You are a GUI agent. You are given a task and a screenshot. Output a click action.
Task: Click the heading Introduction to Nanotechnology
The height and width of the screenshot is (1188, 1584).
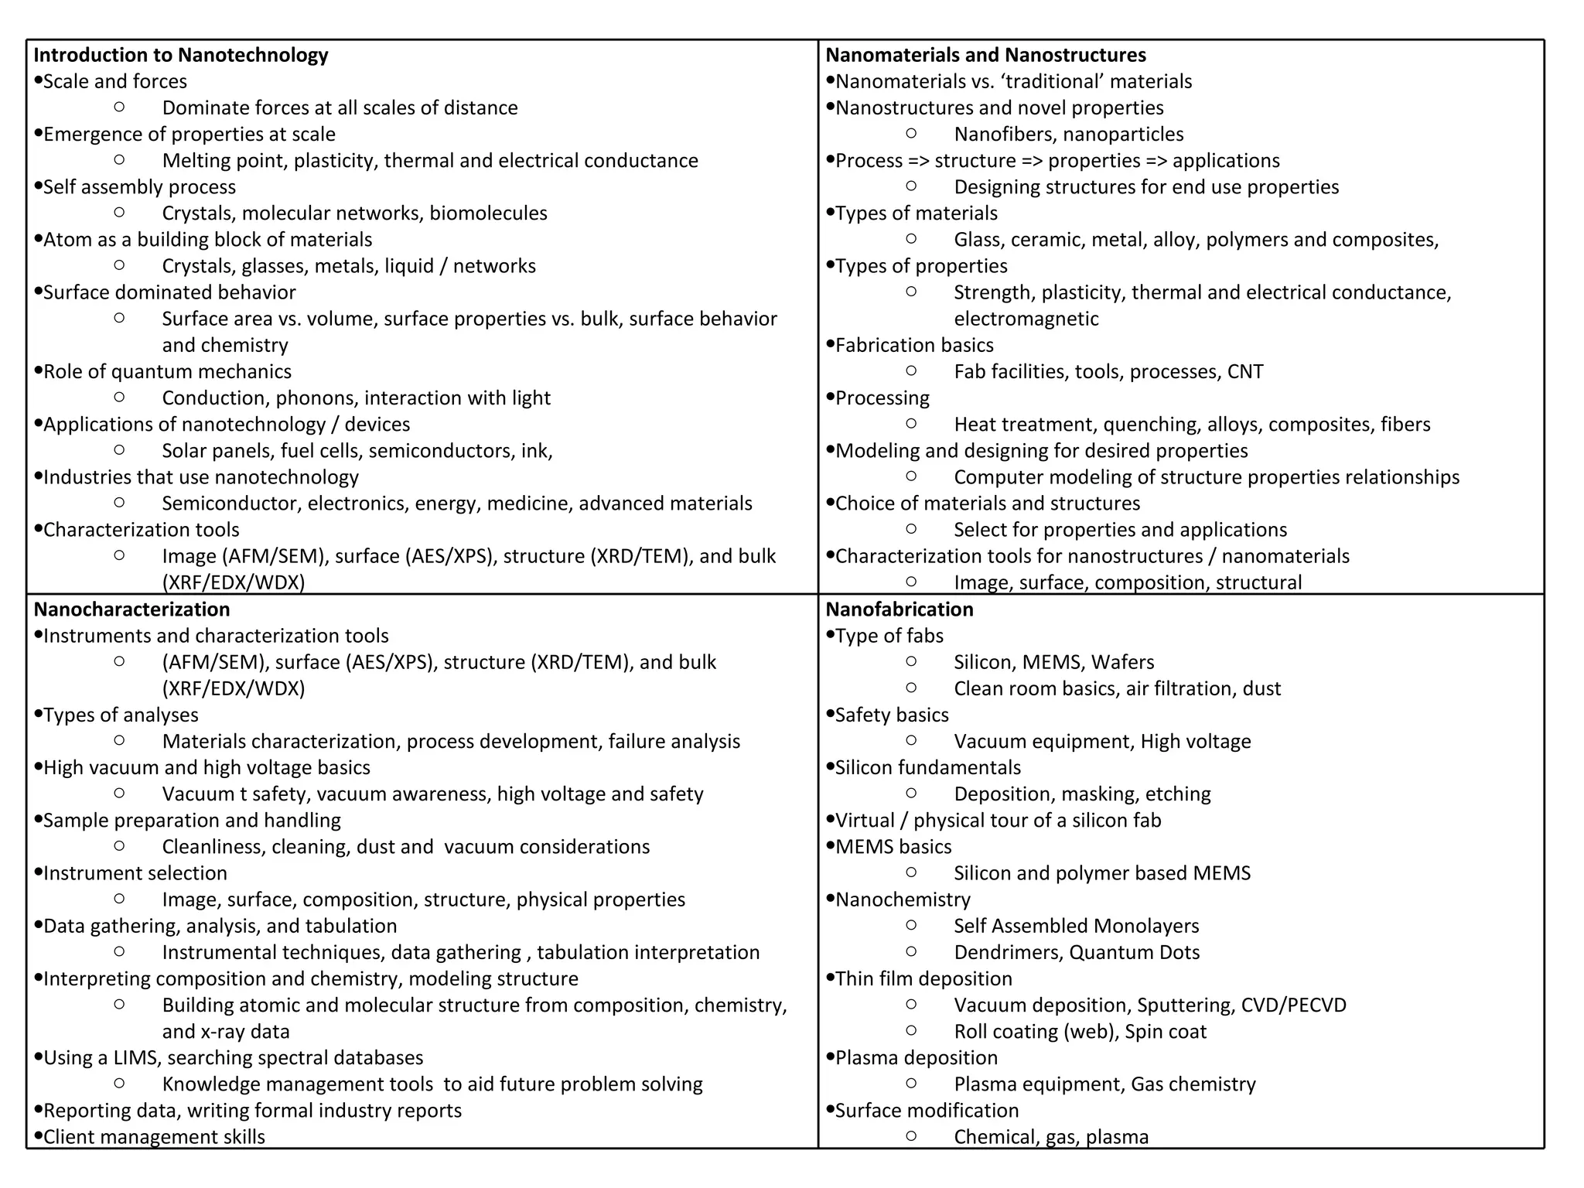[181, 55]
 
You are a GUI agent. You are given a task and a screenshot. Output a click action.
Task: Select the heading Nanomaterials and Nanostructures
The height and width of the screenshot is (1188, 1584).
[985, 55]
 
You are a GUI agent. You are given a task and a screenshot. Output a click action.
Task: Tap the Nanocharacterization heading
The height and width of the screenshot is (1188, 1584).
[131, 609]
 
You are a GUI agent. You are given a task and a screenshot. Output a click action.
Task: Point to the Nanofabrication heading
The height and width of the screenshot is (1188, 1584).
[899, 609]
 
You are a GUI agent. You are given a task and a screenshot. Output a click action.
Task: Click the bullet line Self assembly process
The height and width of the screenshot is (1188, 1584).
[139, 187]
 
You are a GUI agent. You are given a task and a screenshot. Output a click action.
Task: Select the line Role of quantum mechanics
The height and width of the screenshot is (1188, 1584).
[167, 372]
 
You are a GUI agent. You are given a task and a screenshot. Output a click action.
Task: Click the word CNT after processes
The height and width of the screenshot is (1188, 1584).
[1244, 372]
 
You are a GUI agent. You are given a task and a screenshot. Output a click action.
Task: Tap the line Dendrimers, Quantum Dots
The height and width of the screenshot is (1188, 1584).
[1076, 953]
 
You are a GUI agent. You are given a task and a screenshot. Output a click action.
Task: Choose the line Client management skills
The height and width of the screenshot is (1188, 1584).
[154, 1137]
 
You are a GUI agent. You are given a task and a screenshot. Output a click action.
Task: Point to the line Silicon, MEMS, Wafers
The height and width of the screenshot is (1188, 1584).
[1053, 663]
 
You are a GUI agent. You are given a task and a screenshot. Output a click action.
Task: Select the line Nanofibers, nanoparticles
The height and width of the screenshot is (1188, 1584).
[1068, 135]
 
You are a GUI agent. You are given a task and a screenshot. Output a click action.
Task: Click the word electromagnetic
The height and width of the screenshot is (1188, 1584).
[1026, 319]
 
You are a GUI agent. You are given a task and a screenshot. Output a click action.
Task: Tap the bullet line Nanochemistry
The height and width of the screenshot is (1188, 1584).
[903, 900]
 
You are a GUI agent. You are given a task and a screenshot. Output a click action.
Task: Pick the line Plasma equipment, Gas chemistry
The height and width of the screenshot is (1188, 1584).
[1104, 1084]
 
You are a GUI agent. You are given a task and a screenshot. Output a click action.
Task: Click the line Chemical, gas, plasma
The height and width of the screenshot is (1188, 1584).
[1050, 1137]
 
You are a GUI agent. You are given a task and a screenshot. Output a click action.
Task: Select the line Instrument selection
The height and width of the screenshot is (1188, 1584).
[135, 873]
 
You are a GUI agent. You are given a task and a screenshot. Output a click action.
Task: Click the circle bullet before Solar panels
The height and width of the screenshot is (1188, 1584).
[119, 450]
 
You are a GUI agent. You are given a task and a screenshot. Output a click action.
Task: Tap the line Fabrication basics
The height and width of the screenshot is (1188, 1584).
[914, 346]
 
